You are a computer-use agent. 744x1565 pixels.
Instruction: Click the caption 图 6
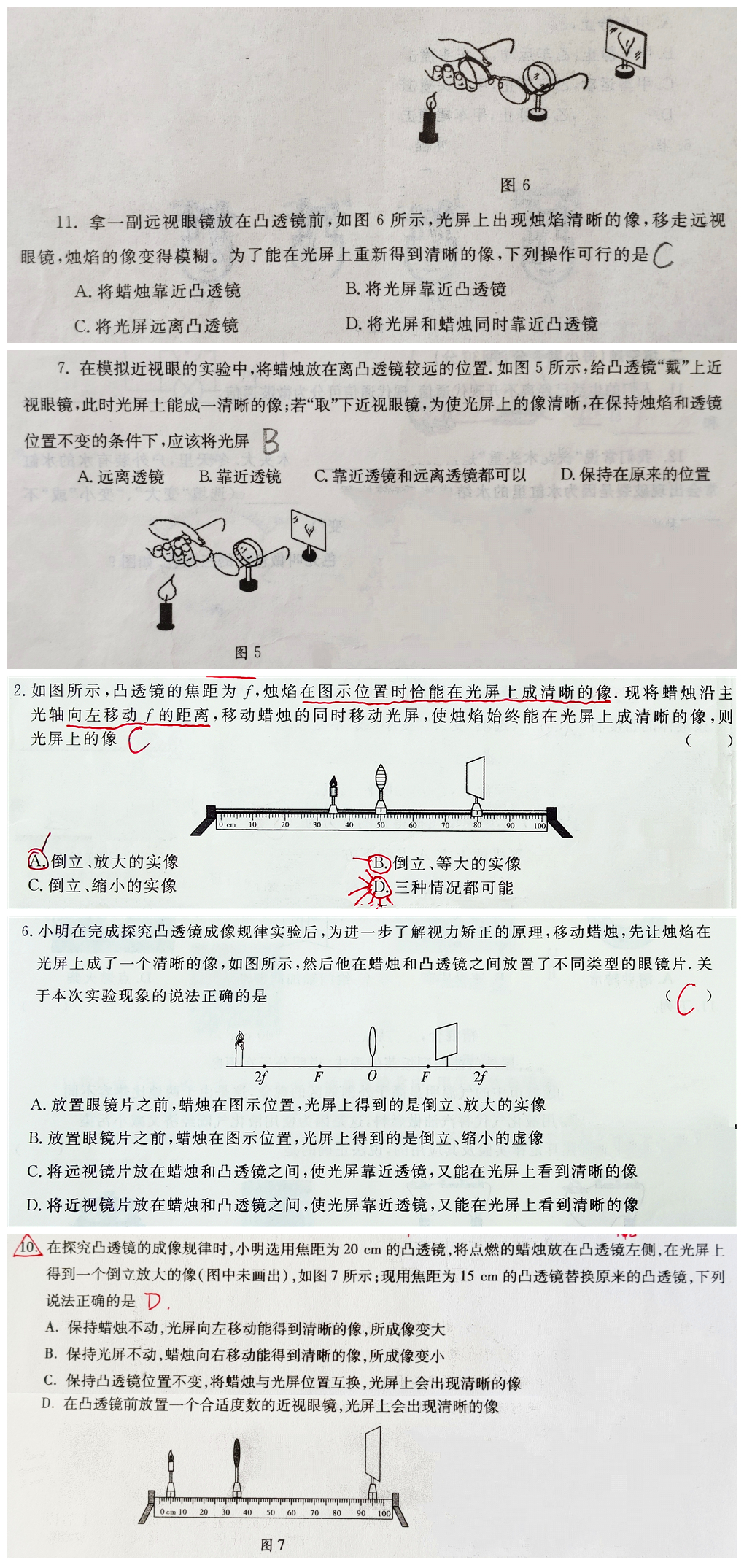point(514,185)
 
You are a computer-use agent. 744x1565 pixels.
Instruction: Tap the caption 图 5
point(248,652)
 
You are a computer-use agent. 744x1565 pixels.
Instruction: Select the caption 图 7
point(272,1545)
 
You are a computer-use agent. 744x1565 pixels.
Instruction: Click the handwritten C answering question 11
point(663,255)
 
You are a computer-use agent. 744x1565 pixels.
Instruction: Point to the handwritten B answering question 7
point(270,441)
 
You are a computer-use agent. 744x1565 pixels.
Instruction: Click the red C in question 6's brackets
point(686,999)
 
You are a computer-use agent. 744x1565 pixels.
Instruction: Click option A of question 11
point(158,291)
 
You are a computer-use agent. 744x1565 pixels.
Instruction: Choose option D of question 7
point(635,475)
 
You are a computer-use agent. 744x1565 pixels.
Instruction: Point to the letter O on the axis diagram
point(372,1075)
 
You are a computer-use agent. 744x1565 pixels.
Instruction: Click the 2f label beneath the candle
point(260,1076)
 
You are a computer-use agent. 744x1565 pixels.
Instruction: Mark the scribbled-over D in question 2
point(379,887)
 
